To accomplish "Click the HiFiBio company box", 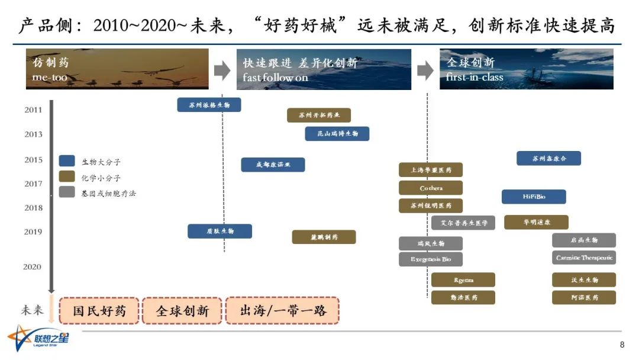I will [534, 197].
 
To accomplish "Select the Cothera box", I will [431, 188].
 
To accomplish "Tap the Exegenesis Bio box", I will [431, 259].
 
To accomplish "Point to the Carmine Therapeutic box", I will [584, 258].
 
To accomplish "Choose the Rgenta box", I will [463, 280].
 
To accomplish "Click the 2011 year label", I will [33, 110].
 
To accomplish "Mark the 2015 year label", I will [33, 160].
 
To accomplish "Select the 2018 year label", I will [33, 208].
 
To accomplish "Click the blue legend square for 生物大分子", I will [67, 161].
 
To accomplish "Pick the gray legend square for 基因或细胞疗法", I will [67, 192].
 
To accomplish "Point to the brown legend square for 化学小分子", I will [67, 176].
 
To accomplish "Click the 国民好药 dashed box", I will [99, 310].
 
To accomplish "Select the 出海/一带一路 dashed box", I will [283, 310].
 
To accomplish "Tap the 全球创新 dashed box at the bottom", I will [182, 310].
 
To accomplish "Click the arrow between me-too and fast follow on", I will [222, 71].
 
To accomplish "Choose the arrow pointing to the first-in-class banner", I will [425, 71].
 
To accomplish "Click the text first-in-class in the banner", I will [475, 78].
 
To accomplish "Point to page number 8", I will [622, 345].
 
